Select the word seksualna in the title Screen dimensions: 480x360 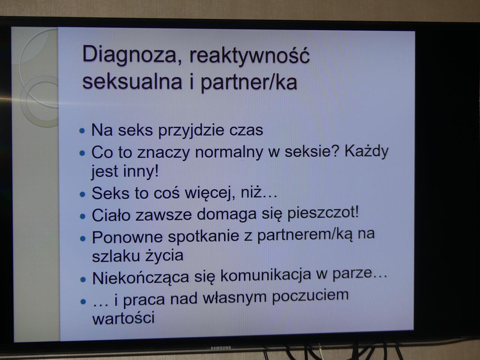132,81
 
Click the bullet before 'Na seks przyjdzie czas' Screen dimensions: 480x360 82,131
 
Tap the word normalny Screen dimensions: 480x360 229,153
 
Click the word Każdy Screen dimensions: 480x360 367,151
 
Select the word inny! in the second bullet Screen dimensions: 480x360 141,171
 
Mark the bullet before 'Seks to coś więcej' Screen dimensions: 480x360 82,194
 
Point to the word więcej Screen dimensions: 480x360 210,193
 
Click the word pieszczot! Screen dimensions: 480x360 323,213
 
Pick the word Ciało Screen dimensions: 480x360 111,215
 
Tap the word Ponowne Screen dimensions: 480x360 127,237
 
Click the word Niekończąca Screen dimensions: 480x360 140,277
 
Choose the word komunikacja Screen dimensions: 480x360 265,275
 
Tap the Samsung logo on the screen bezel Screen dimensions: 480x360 221,348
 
